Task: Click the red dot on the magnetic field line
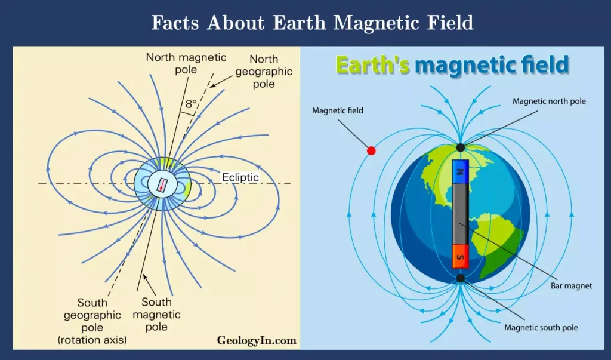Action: (x=371, y=150)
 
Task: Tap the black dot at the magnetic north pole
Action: (x=461, y=148)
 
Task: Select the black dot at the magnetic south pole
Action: (x=461, y=278)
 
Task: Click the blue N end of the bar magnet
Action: (x=461, y=171)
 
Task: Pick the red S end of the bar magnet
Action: (x=460, y=257)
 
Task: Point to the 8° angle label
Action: (x=191, y=104)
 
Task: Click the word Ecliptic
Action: (x=240, y=177)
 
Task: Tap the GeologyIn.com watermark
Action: (x=257, y=340)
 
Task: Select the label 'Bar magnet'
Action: (x=571, y=286)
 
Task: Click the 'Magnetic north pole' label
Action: (x=549, y=101)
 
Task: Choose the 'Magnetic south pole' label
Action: (x=541, y=328)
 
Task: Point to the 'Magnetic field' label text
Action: (x=338, y=111)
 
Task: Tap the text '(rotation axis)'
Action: (x=92, y=340)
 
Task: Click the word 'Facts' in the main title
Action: (x=175, y=23)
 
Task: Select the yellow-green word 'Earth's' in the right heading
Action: (x=372, y=64)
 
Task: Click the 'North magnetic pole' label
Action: (x=186, y=63)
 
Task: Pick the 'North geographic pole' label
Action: (x=264, y=72)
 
